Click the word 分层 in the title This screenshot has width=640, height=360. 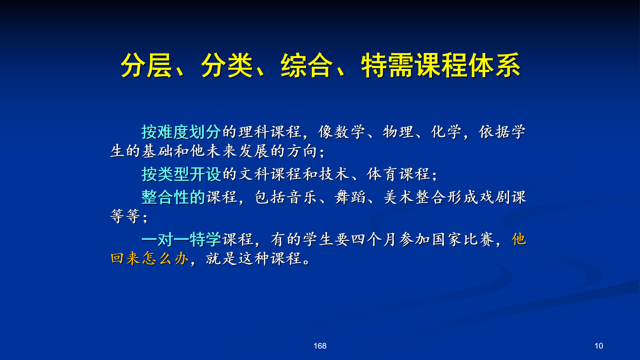click(146, 65)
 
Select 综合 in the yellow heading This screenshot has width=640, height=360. click(307, 65)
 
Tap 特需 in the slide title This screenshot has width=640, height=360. click(387, 65)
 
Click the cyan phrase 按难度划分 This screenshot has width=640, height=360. click(181, 132)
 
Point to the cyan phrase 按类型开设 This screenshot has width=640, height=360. click(181, 174)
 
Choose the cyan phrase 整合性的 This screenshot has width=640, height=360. click(173, 197)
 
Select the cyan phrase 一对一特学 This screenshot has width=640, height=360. click(181, 239)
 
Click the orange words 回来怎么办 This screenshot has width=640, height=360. click(150, 258)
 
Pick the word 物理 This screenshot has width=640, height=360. click(398, 132)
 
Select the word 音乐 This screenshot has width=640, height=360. click(302, 197)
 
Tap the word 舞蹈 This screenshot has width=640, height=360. click(350, 197)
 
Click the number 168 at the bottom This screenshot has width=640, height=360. click(320, 346)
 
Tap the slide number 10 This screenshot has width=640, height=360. click(599, 346)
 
